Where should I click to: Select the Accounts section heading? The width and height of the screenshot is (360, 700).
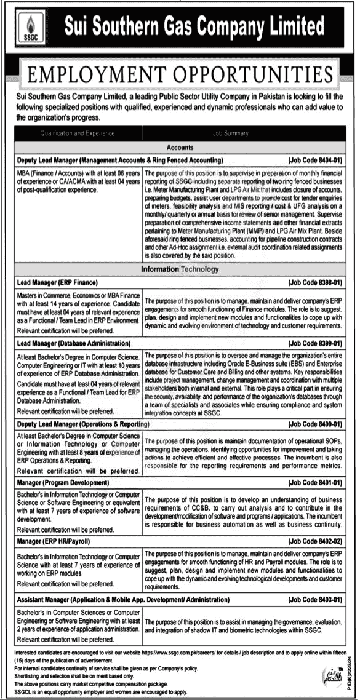coord(180,148)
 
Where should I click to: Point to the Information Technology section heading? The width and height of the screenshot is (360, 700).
coord(180,269)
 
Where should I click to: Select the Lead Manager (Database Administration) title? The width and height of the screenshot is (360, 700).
coord(74,343)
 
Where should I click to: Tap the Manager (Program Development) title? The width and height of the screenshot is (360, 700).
coord(63,483)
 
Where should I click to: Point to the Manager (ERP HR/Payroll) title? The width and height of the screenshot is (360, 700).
coord(54,541)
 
